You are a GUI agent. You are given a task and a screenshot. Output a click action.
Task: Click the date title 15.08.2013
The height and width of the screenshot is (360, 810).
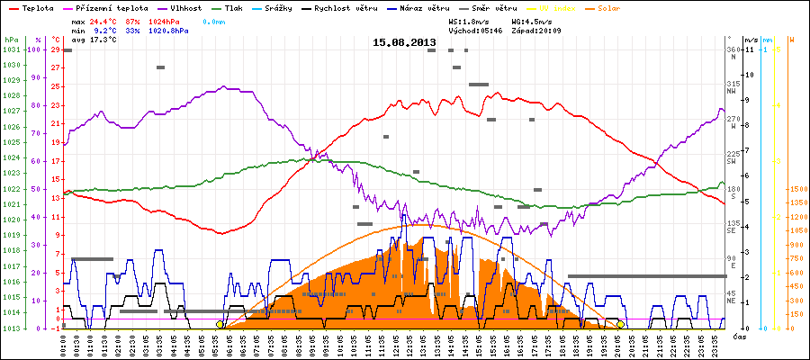(x=404, y=42)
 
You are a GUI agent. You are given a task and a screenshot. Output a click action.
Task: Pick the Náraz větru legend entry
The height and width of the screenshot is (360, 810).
(x=426, y=6)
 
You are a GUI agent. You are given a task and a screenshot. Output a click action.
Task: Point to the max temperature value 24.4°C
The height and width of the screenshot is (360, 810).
(x=106, y=20)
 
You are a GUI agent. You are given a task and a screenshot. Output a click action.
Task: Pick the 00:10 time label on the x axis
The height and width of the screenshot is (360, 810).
(x=63, y=345)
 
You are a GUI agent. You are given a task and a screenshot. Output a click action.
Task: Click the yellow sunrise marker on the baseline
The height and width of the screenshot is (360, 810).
(x=220, y=324)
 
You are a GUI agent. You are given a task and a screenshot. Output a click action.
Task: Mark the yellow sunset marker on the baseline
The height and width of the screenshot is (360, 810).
(x=620, y=324)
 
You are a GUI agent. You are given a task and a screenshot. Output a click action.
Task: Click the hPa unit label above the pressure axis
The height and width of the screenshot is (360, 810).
(x=10, y=40)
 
